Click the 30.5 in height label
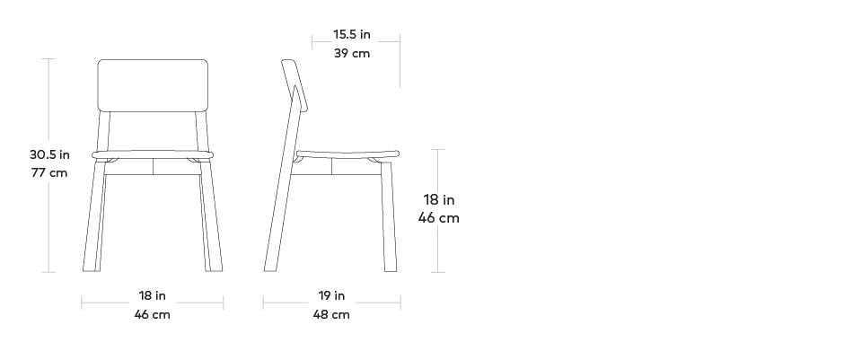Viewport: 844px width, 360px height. tap(49, 154)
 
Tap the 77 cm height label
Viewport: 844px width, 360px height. tap(49, 172)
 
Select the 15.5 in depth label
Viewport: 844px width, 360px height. tap(352, 35)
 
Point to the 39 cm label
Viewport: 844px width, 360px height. tap(352, 53)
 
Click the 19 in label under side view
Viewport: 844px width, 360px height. tap(331, 295)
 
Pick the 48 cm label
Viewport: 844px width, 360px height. tap(331, 314)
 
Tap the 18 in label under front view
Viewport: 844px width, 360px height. tap(152, 295)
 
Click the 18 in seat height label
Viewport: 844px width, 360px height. tap(439, 199)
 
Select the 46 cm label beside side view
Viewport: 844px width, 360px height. tap(439, 217)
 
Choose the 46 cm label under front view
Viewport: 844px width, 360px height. tap(152, 314)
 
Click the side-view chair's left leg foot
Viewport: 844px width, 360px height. tap(268, 265)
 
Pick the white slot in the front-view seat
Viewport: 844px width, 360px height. tap(154, 155)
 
